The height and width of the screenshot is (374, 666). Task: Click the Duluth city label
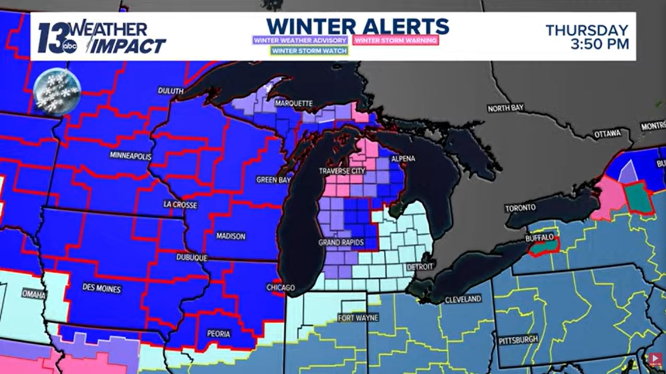click(171, 91)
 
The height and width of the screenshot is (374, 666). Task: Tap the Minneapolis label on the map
click(130, 156)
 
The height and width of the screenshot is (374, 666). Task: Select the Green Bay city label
click(273, 180)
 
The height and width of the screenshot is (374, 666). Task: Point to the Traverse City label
click(342, 171)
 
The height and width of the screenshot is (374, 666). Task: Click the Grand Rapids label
click(342, 242)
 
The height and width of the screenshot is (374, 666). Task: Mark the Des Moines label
click(102, 289)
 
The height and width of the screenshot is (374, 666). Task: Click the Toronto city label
click(521, 208)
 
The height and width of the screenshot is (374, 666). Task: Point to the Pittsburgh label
click(519, 340)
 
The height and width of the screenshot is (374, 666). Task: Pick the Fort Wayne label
click(358, 318)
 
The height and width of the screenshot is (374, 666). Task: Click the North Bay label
click(506, 108)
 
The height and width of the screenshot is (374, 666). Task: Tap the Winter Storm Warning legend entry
click(396, 40)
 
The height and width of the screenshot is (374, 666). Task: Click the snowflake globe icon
click(57, 91)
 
